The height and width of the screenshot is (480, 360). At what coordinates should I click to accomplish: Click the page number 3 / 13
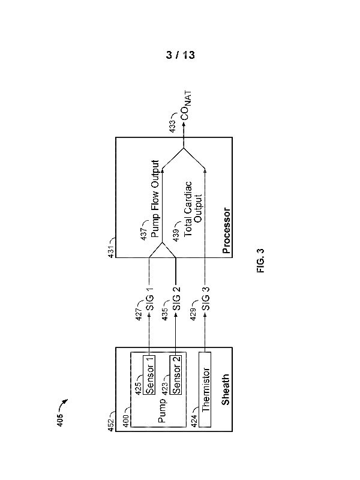181,55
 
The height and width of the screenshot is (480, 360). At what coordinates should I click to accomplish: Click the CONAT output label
184,110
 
